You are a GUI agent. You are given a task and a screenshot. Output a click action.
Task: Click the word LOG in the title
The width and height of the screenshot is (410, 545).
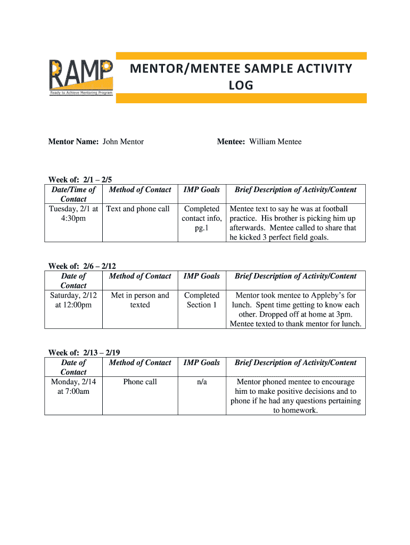click(x=241, y=85)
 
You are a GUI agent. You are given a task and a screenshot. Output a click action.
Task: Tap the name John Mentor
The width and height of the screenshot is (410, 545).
click(x=123, y=142)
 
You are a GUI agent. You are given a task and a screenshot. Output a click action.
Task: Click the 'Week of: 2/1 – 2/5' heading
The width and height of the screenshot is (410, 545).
click(x=80, y=180)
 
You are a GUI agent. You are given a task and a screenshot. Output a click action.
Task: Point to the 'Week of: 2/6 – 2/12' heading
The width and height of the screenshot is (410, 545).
click(x=82, y=266)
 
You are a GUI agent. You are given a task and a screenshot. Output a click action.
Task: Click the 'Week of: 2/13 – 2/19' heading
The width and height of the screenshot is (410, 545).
click(x=84, y=353)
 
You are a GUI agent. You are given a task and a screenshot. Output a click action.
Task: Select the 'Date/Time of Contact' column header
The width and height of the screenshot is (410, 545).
click(x=73, y=194)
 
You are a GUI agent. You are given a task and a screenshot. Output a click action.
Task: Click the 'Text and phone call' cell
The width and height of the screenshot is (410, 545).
click(x=138, y=209)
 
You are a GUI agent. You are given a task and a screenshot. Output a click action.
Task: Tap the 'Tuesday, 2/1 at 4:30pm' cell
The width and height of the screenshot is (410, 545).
click(x=73, y=214)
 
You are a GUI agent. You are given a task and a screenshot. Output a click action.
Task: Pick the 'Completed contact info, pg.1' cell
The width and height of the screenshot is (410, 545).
click(x=202, y=219)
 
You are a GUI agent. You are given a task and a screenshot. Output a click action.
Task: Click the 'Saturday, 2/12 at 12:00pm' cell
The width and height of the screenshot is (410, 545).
click(x=73, y=300)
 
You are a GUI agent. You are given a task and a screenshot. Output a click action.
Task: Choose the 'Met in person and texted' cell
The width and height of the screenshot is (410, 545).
click(x=140, y=300)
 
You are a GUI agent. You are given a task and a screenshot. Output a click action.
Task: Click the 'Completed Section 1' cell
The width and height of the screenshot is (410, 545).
click(x=202, y=300)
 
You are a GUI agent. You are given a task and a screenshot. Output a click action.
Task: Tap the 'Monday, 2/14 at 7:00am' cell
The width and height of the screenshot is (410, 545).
click(x=73, y=387)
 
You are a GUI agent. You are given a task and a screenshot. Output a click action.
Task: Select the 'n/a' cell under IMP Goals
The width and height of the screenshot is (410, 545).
click(x=202, y=382)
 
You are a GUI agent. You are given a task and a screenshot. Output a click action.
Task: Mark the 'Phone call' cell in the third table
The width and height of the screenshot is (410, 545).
click(x=140, y=382)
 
